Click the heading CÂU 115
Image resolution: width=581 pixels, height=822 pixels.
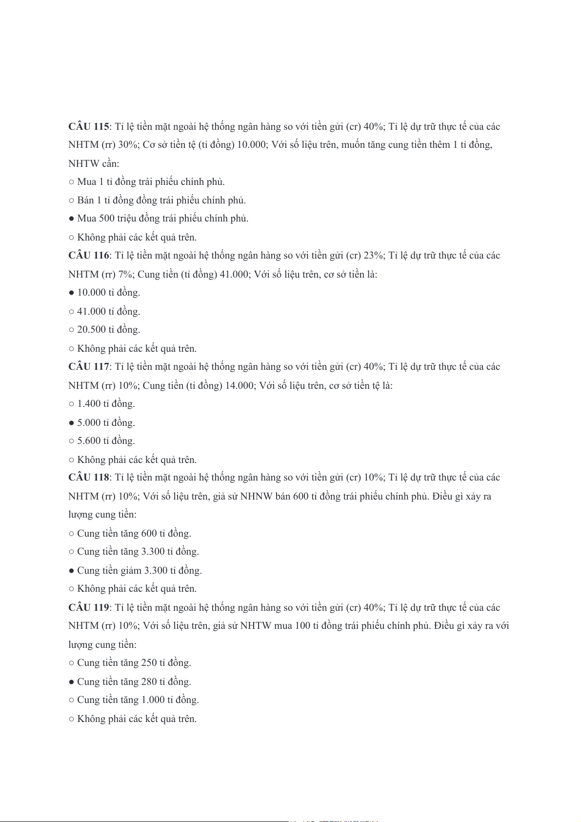(x=89, y=127)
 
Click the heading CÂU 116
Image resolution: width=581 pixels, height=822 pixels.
(x=89, y=256)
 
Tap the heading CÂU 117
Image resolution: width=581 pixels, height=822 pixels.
(x=89, y=367)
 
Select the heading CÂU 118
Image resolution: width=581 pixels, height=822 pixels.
(x=89, y=478)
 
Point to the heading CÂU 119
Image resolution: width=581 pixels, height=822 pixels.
(x=89, y=608)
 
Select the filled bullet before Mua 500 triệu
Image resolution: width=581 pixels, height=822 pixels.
(x=71, y=219)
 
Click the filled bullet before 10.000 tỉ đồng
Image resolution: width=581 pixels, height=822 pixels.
(x=71, y=293)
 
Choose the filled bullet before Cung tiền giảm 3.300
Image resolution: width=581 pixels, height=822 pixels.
(x=71, y=571)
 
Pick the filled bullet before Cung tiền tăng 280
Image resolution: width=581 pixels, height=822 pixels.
(x=71, y=682)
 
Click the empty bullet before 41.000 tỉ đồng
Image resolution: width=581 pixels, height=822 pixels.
(x=71, y=312)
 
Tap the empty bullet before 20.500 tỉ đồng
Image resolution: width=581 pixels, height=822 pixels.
(x=71, y=330)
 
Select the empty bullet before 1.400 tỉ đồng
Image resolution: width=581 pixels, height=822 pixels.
(x=71, y=404)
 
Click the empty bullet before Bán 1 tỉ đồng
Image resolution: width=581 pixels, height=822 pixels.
(x=71, y=200)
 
